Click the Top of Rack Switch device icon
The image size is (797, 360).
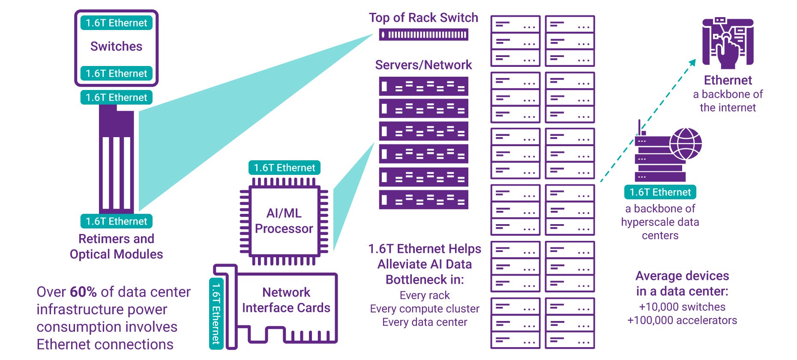[423, 35]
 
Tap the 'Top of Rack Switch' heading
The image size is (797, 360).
[423, 18]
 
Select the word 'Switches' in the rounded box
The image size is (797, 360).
[116, 46]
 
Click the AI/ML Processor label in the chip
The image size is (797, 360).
[284, 221]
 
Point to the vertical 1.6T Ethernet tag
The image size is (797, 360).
[216, 313]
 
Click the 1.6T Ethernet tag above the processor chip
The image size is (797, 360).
[284, 168]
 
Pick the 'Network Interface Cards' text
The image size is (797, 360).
[286, 300]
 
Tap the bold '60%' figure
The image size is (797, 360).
[83, 292]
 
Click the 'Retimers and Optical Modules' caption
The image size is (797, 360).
[116, 246]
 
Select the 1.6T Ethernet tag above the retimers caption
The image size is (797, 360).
[116, 221]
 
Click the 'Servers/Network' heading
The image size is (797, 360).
[423, 65]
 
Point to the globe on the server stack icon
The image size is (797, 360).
[686, 144]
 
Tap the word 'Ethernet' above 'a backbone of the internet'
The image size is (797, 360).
[728, 80]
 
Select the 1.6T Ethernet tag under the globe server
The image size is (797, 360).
[660, 192]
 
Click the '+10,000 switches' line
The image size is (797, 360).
[682, 307]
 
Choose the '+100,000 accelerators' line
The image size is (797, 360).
[682, 320]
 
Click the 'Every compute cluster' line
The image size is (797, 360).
[424, 309]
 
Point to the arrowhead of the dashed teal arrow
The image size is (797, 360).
[692, 62]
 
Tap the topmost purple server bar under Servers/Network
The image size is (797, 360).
[423, 86]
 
